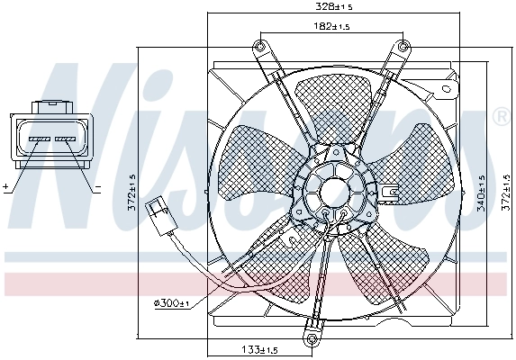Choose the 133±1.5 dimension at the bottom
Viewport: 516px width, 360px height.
pyautogui.click(x=260, y=348)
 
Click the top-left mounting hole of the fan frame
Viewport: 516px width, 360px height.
pyautogui.click(x=261, y=45)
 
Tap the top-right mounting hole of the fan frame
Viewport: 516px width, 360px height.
pyautogui.click(x=403, y=45)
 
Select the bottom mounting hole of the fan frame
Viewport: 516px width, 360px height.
pyautogui.click(x=312, y=338)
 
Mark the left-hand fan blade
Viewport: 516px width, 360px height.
pyautogui.click(x=257, y=162)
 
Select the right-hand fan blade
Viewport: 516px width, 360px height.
pyautogui.click(x=410, y=162)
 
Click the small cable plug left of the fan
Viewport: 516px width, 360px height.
pyautogui.click(x=163, y=212)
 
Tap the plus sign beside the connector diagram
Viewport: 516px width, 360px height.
pyautogui.click(x=5, y=187)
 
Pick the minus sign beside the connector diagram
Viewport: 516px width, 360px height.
pyautogui.click(x=97, y=187)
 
